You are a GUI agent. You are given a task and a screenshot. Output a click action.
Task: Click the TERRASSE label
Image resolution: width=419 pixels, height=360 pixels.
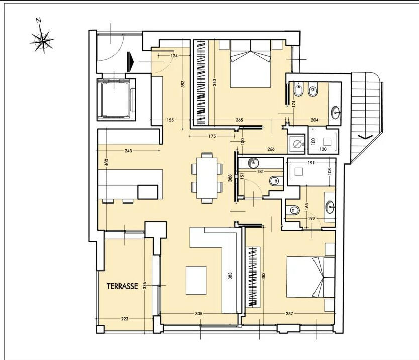pos(122,286)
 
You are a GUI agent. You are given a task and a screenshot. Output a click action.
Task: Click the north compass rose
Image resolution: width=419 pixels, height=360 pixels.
pos(43,41)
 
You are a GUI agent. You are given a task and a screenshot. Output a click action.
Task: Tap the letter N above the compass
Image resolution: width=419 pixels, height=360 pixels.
pos(39,20)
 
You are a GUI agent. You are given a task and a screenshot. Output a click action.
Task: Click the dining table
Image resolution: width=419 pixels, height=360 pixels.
pos(206,178)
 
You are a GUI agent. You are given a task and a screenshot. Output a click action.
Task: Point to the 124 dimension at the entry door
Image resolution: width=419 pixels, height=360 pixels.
pos(174,56)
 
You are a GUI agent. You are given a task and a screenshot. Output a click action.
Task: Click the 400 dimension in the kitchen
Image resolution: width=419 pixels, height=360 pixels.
pos(107,163)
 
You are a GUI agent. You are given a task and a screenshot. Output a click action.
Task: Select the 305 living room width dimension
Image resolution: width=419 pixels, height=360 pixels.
pos(199,313)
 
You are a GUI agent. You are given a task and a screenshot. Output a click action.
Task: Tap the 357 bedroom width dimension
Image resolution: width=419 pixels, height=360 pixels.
pos(289,313)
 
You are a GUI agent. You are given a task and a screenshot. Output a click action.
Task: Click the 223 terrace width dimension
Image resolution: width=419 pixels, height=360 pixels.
pos(125,319)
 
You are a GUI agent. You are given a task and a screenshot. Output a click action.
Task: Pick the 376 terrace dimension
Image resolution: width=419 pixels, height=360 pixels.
pos(145,286)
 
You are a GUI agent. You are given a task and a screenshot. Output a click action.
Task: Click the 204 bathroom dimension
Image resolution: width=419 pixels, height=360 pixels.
pos(315,120)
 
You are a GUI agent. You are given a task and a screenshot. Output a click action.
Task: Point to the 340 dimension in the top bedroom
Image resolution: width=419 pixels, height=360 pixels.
pos(215,82)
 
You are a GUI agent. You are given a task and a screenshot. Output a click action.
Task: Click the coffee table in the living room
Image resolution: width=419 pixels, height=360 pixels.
pos(196,280)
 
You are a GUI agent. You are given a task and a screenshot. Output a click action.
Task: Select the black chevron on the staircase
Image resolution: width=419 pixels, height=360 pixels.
pos(365,137)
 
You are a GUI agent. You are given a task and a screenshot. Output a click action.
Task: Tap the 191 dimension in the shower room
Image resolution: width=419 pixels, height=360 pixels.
pos(311,162)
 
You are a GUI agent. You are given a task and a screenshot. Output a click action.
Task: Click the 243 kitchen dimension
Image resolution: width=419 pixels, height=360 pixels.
pos(128,151)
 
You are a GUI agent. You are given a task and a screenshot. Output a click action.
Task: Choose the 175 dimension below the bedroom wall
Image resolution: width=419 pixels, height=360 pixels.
pos(212,136)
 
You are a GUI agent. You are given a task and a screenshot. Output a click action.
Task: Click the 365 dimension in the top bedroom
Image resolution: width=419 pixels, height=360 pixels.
pos(239,120)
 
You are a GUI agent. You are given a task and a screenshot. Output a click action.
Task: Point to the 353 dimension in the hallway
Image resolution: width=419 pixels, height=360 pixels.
pos(183,84)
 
